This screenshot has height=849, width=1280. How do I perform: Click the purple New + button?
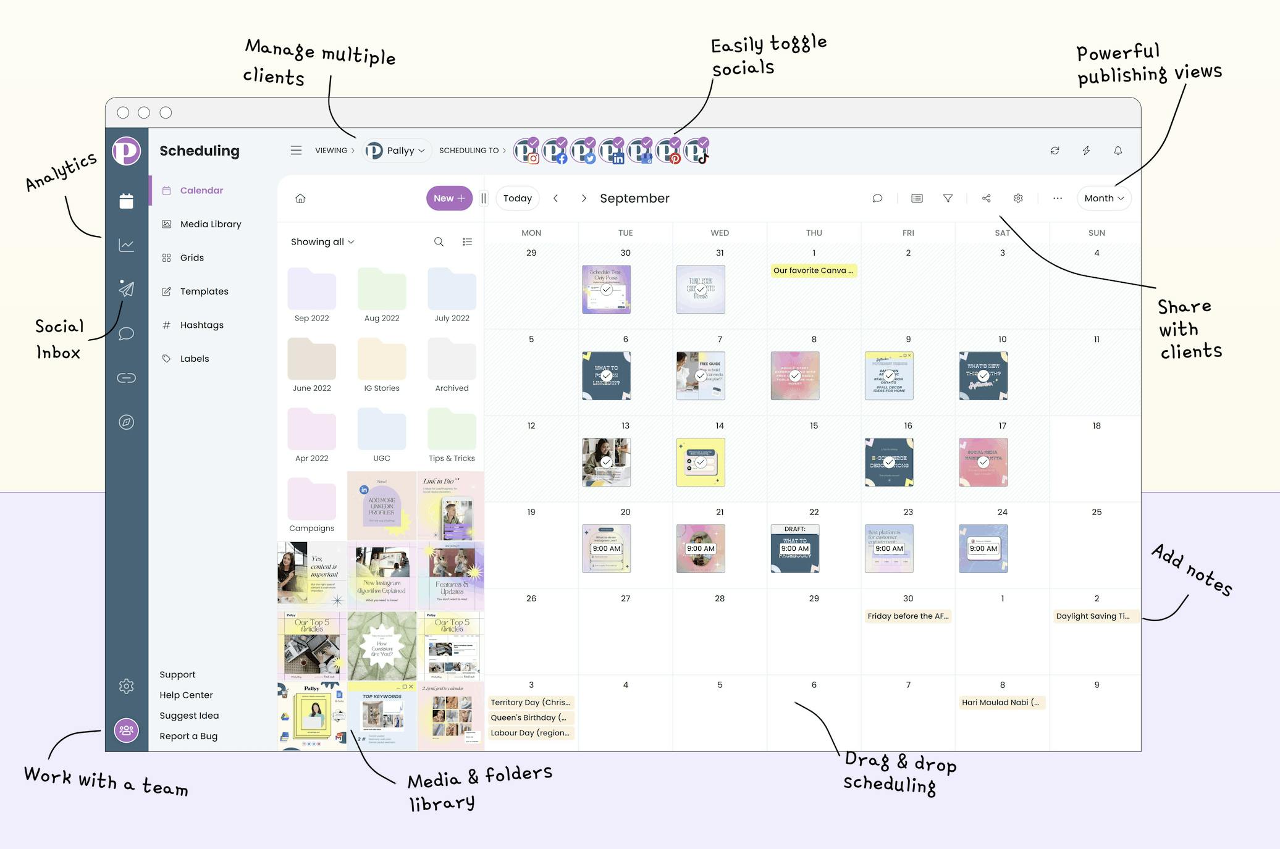point(448,198)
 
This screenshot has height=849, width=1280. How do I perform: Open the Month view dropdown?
point(1103,198)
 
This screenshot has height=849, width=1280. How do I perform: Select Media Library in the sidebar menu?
point(210,224)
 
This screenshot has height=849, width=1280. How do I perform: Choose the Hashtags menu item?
point(201,325)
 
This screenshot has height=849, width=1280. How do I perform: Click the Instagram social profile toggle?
point(526,151)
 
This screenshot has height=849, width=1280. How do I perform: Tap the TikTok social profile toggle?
point(696,151)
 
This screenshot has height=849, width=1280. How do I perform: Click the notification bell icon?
point(1118,151)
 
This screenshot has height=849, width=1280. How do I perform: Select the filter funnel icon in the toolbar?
point(948,198)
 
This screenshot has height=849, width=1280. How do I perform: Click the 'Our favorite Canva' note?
point(814,270)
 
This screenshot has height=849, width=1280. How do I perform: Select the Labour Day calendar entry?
point(530,733)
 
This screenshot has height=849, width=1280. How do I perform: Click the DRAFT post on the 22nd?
point(795,548)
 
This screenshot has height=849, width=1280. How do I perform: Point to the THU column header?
point(814,233)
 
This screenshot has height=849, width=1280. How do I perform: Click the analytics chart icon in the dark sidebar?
point(127,245)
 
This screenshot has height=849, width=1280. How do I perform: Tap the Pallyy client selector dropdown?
point(397,151)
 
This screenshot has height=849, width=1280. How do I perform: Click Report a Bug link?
point(188,736)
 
